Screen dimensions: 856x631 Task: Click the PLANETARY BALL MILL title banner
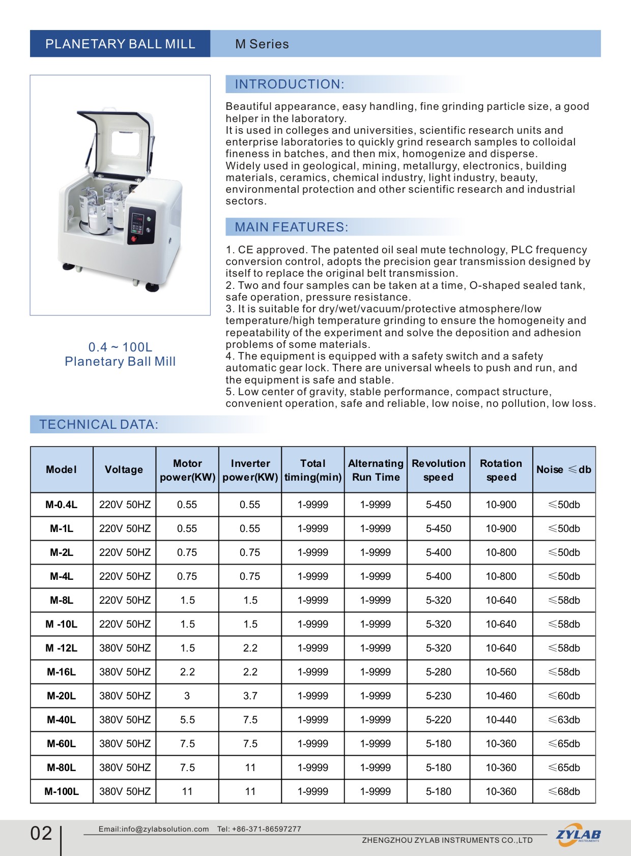coord(120,44)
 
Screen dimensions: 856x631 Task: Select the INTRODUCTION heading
coord(290,84)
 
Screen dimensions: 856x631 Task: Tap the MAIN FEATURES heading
coord(292,227)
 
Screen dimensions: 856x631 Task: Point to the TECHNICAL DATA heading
coord(99,425)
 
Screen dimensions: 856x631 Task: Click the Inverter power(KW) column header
coord(250,470)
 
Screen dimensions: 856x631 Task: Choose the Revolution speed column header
coord(438,470)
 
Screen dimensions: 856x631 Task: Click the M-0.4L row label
coord(62,505)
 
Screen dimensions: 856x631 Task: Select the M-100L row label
coord(62,792)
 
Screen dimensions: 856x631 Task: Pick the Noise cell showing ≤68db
coord(564,792)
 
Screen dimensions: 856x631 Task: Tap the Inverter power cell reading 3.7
coord(250,696)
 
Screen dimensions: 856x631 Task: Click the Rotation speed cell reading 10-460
coord(501,696)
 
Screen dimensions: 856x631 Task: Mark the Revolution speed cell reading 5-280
coord(438,672)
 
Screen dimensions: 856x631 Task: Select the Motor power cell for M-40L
coord(187,720)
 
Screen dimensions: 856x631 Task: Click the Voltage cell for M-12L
coord(125,648)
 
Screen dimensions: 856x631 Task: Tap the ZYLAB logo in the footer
coord(578,835)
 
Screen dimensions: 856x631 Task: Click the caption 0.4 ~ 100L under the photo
coord(120,347)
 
